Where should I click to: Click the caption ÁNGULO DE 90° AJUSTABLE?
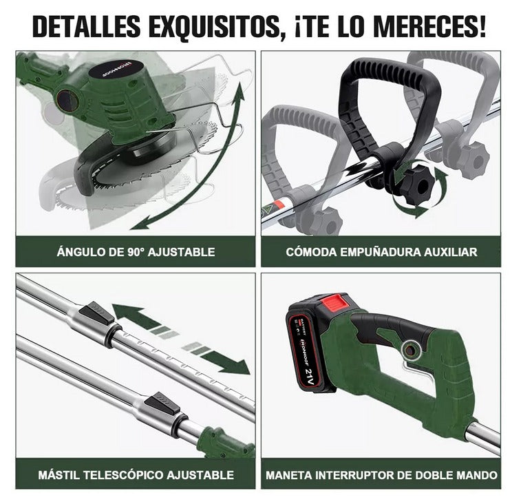(x=136, y=251)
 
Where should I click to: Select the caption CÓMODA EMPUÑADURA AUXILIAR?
(x=381, y=251)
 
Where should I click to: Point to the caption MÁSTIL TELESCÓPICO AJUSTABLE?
(x=136, y=474)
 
